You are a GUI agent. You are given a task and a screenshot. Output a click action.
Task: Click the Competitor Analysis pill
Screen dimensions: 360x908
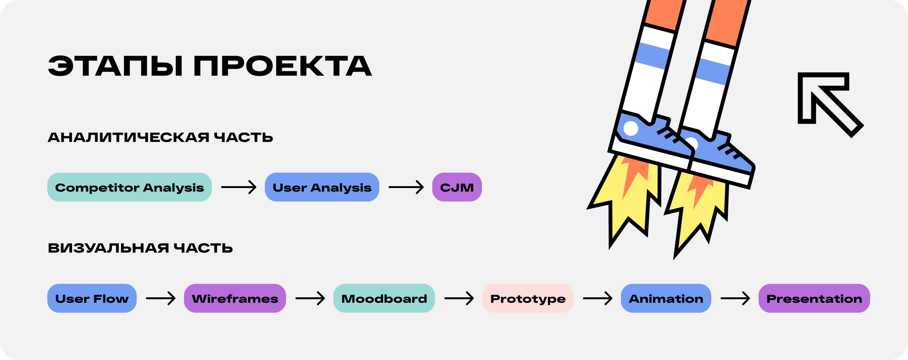(129, 187)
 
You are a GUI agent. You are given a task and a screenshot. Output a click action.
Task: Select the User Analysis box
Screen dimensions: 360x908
(322, 187)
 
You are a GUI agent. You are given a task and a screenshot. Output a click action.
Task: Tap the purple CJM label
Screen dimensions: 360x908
(457, 187)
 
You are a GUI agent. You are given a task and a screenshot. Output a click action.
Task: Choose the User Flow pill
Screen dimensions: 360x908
(92, 298)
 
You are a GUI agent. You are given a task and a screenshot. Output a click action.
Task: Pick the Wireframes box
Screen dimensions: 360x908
(235, 298)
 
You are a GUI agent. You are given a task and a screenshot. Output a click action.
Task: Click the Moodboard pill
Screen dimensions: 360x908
(384, 298)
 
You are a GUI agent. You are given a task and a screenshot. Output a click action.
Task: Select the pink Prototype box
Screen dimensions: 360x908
(528, 298)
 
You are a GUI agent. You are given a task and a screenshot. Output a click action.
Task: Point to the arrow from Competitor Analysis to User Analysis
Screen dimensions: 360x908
(239, 187)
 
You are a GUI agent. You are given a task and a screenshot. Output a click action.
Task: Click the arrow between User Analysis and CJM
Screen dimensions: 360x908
(406, 187)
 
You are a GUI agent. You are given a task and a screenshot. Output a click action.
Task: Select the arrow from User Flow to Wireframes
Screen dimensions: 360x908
(160, 298)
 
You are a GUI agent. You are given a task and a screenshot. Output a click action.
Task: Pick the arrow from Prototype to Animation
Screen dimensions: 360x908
(598, 298)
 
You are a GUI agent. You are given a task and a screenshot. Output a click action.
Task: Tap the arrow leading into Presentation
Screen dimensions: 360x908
(735, 298)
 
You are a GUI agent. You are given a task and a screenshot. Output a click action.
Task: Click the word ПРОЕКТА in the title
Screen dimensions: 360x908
(283, 66)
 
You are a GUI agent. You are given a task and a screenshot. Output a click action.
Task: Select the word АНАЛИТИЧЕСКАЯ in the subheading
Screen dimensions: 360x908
(128, 137)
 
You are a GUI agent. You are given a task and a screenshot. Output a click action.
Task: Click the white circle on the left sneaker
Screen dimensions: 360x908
(630, 128)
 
